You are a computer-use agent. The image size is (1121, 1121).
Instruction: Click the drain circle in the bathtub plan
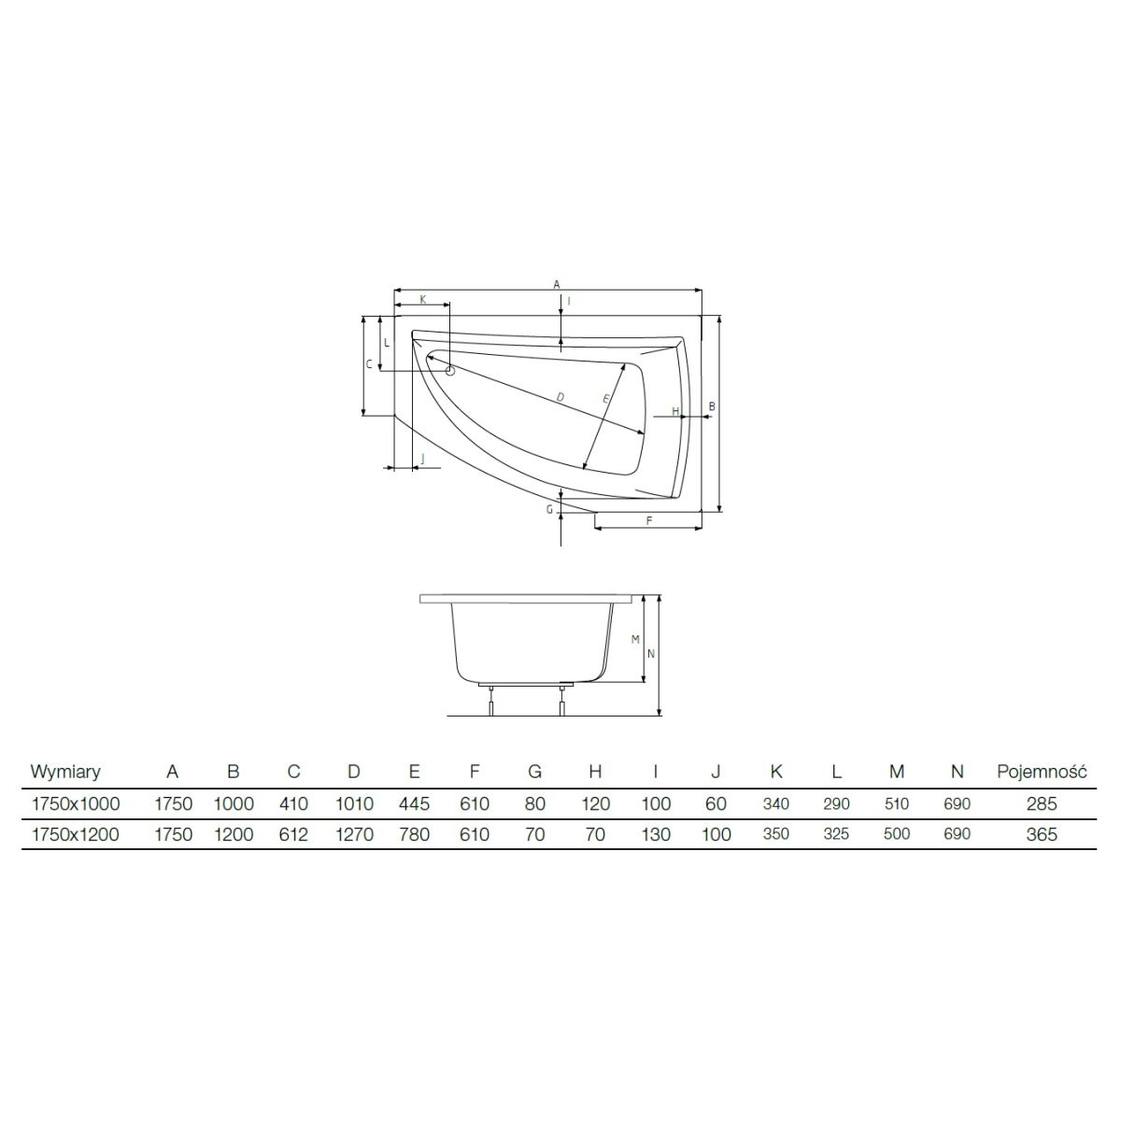tap(449, 371)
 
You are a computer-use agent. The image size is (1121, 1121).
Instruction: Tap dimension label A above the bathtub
tap(556, 285)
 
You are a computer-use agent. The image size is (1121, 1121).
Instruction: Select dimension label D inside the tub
tap(560, 397)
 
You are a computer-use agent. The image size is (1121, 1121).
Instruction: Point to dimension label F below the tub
tap(649, 520)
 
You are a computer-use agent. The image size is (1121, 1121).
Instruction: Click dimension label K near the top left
tap(423, 300)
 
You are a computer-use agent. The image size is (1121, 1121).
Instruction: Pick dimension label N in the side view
tap(651, 654)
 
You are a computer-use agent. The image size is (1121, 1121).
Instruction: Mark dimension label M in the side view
tap(635, 640)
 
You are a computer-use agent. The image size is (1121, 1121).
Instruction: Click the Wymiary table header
tap(65, 772)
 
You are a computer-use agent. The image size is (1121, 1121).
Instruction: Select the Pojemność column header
tap(1042, 772)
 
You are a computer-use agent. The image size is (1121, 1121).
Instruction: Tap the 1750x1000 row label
tap(76, 804)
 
